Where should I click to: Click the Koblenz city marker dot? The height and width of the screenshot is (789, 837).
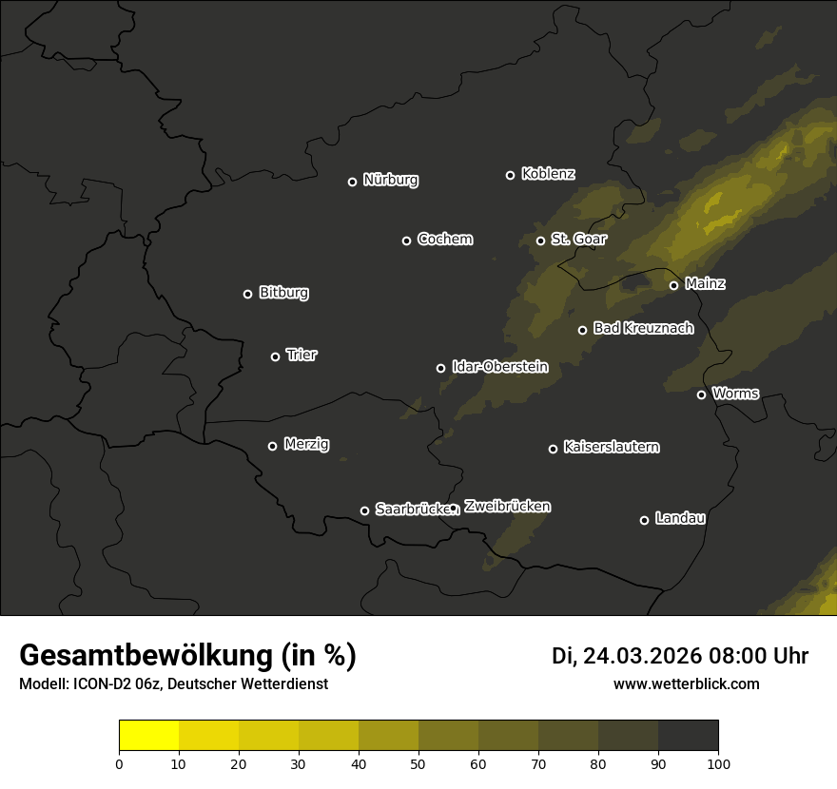(510, 175)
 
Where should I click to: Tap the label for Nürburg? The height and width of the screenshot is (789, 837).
(390, 180)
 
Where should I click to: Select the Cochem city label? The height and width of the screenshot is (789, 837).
(444, 239)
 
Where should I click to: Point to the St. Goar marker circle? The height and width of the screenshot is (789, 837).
(540, 241)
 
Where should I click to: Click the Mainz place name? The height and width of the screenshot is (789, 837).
(705, 283)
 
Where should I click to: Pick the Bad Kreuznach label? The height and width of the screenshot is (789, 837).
(643, 328)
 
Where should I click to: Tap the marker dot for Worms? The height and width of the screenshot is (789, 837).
(701, 394)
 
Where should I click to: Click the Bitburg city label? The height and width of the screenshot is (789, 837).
(283, 293)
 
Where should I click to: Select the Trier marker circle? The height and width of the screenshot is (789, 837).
(275, 356)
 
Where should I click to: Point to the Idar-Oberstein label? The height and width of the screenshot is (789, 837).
(499, 366)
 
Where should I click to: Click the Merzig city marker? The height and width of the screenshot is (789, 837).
(272, 446)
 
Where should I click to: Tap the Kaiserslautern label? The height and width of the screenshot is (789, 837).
(611, 447)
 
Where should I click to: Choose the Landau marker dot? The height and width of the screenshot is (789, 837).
(644, 520)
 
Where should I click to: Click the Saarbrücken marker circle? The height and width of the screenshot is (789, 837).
(364, 510)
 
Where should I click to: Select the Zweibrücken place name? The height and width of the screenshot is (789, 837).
(507, 507)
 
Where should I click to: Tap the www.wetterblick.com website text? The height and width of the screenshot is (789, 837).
(686, 683)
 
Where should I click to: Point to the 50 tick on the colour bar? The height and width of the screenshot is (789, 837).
(418, 762)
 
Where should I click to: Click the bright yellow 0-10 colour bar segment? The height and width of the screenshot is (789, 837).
(149, 736)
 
